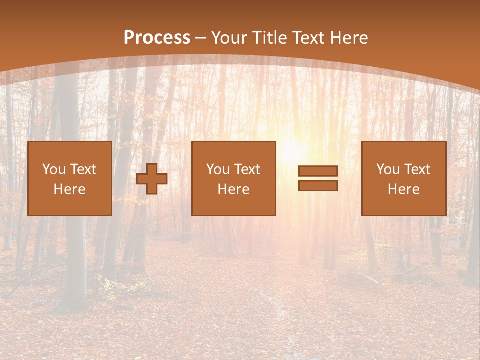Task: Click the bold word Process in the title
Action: point(157,38)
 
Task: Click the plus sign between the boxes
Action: point(152,179)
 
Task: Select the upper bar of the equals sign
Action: point(318,171)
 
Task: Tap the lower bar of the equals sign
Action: point(318,186)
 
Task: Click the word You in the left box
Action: point(53,169)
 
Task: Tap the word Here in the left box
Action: point(70,189)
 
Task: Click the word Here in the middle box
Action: point(234,189)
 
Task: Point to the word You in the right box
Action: point(387,169)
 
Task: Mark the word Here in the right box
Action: point(404,189)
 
